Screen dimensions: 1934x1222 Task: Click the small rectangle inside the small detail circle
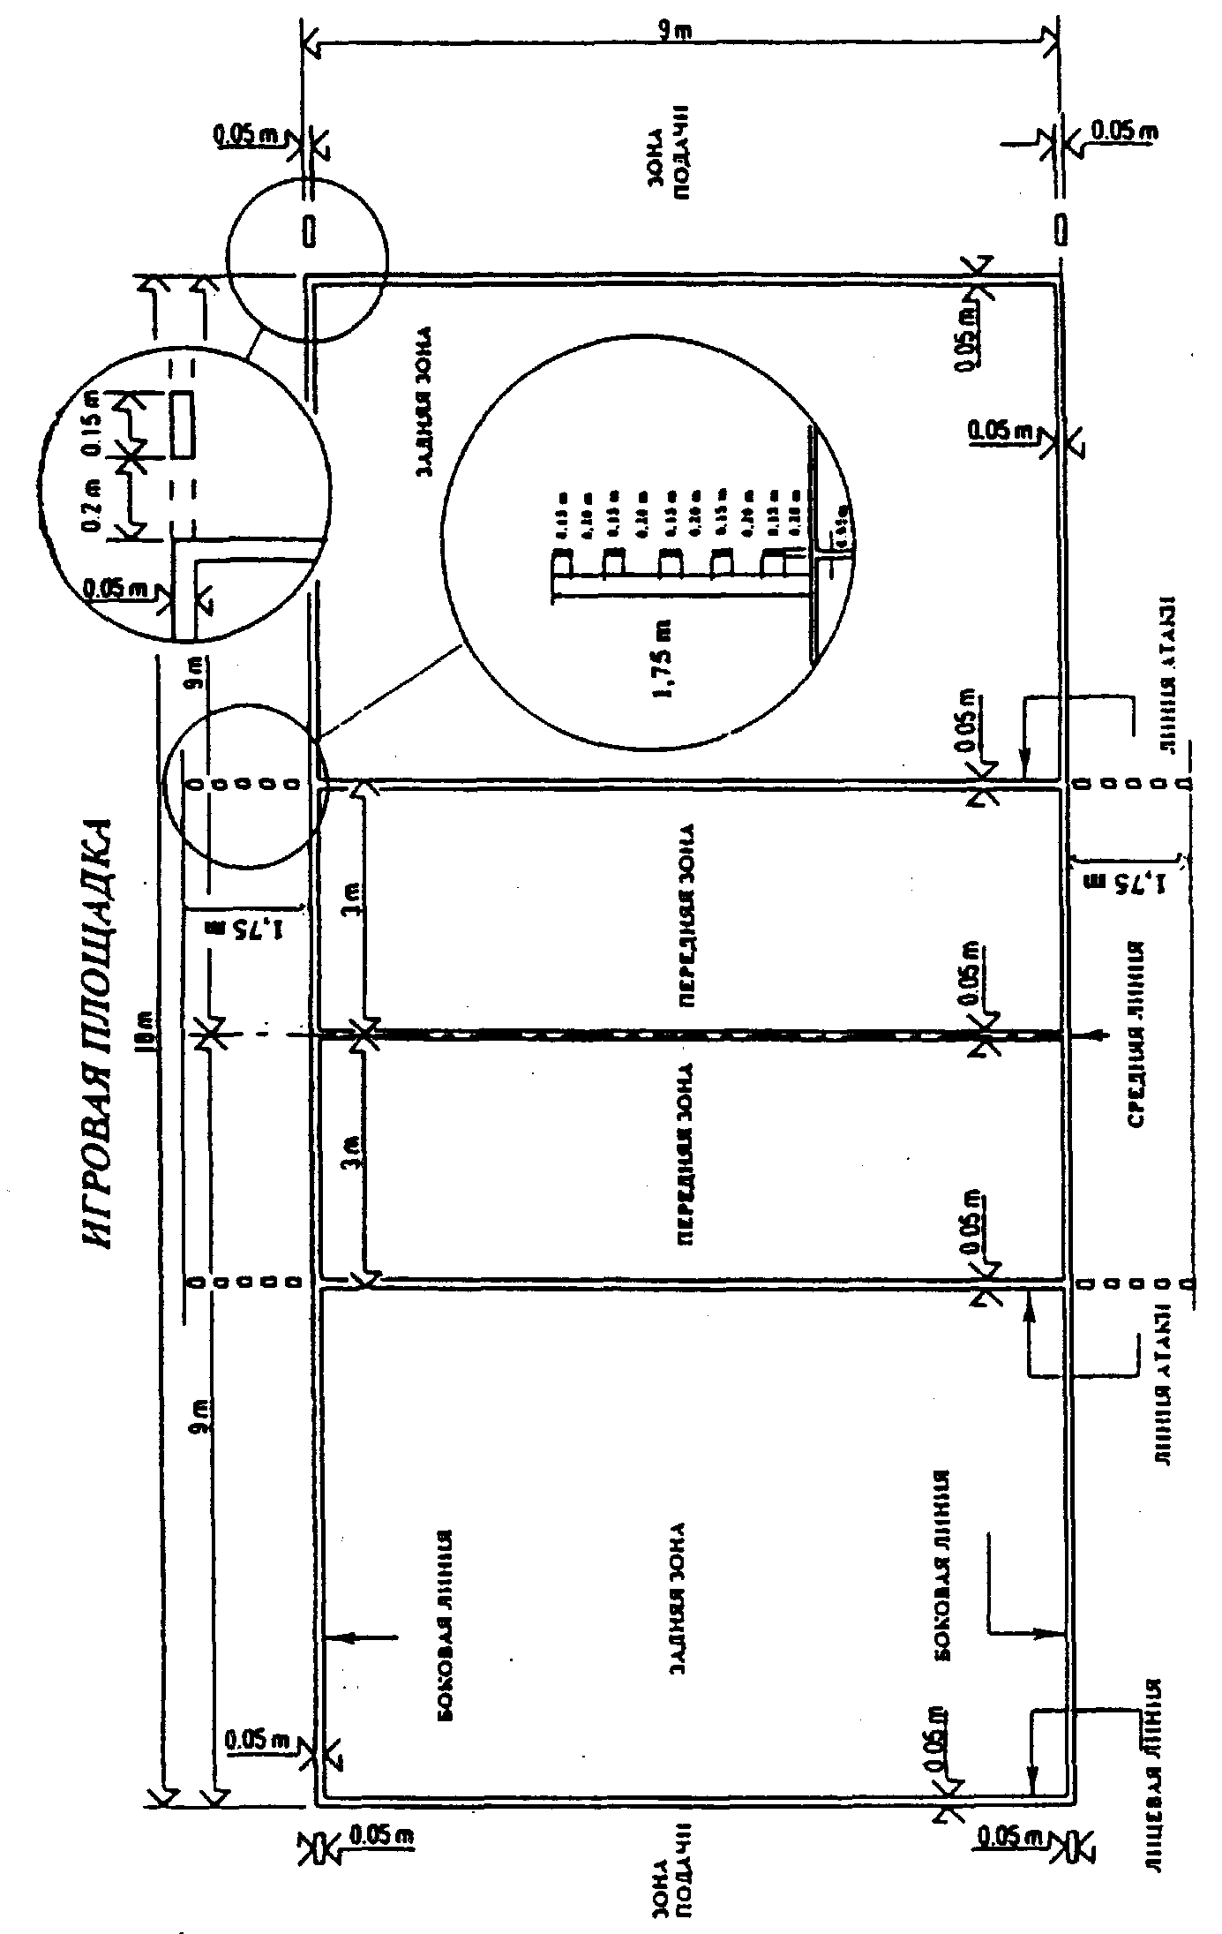184,425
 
